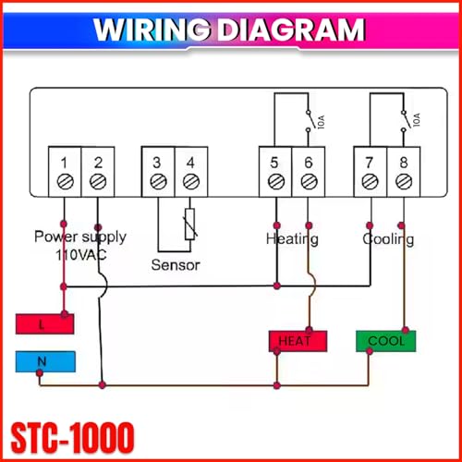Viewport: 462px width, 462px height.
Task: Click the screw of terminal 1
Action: click(x=64, y=183)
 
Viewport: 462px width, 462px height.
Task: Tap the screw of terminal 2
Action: click(x=98, y=183)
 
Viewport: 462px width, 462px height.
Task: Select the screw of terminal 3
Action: click(x=157, y=183)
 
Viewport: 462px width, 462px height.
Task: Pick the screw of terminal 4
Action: click(x=189, y=183)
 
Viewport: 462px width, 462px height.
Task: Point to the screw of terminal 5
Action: click(x=275, y=183)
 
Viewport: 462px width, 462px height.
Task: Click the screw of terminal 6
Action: click(x=309, y=183)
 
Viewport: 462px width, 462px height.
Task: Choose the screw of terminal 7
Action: click(x=370, y=183)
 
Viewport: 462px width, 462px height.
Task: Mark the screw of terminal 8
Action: click(x=402, y=183)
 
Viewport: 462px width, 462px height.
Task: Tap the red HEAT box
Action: click(x=298, y=341)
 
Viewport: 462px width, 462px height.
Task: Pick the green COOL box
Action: click(x=386, y=341)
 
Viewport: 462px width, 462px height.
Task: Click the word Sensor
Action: click(x=176, y=264)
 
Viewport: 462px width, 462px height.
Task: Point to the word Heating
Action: click(x=292, y=239)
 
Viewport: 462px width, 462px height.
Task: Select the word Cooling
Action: click(x=388, y=239)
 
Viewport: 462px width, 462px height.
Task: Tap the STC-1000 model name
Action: click(x=73, y=434)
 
